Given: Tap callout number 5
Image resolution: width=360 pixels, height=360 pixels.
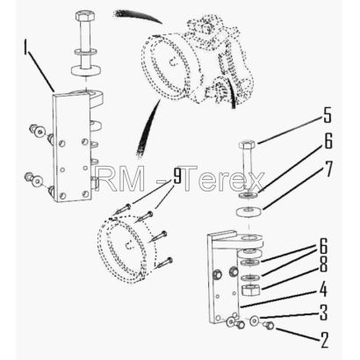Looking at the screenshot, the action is coord(328,115).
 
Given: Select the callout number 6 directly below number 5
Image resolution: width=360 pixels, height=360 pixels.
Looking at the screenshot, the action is coord(328,141).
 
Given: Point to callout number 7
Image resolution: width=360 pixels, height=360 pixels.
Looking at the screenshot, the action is coord(328,169).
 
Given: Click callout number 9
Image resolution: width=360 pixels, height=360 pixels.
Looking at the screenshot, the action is coord(176,176).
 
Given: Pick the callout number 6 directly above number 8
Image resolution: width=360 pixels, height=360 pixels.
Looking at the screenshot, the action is coord(323,246).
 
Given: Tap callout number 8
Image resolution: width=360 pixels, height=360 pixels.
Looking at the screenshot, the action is coord(323,265).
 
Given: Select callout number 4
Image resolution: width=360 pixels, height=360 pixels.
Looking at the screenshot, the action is coord(323,290).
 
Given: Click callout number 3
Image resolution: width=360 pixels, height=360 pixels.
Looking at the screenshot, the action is coord(323,313).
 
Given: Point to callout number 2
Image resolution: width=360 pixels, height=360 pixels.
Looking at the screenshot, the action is coord(324,340).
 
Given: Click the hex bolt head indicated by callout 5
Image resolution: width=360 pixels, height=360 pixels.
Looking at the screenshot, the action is coord(247,144).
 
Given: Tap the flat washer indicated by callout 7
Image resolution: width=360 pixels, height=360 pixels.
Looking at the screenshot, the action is coord(248,212).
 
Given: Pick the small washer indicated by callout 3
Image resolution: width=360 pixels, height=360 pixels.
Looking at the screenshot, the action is coord(254,321).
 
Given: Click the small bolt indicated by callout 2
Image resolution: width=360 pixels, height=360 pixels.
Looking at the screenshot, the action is coord(269,325).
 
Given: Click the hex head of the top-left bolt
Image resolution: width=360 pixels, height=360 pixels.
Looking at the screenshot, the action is coord(84,15).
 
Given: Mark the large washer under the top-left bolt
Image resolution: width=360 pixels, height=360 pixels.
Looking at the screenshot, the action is coord(86,71).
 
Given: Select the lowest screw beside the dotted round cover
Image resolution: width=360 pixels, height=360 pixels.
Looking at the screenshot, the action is coord(164,263).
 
